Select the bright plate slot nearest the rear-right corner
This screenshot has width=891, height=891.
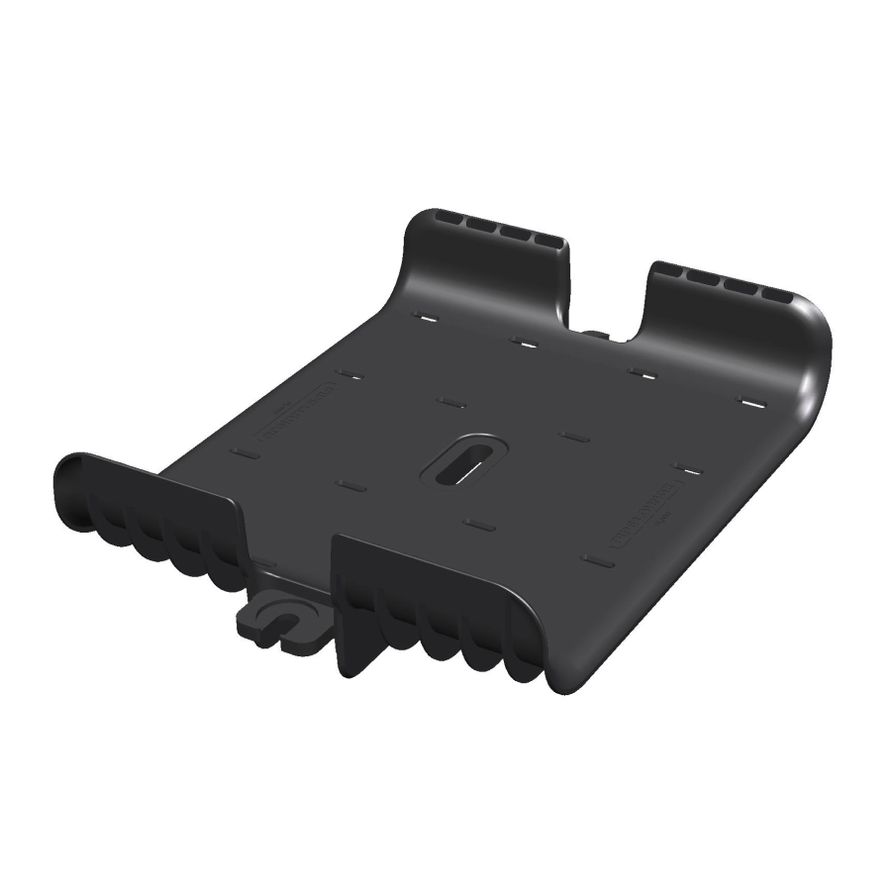point(752,404)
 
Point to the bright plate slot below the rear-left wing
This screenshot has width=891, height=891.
point(427,319)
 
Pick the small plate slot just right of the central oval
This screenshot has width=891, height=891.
point(574,436)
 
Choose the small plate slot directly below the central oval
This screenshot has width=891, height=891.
point(480,525)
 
